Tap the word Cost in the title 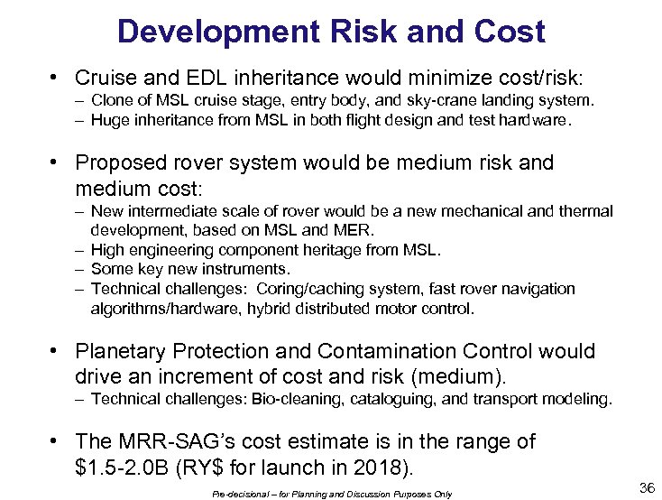pyautogui.click(x=512, y=32)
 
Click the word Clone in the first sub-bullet pyautogui.click(x=112, y=100)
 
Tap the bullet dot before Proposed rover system pyautogui.click(x=56, y=163)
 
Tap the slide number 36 pyautogui.click(x=647, y=488)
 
